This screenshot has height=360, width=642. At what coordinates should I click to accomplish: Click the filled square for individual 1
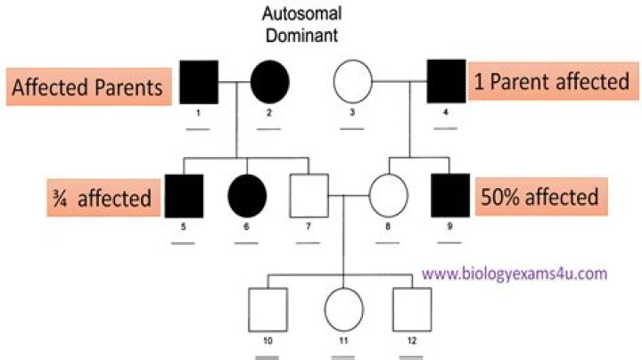pos(199,82)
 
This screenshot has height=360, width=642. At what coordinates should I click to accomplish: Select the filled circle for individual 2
pos(270,82)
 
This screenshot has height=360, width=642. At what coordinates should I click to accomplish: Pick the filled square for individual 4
pos(447,81)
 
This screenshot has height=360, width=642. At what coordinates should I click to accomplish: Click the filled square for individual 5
pos(184,196)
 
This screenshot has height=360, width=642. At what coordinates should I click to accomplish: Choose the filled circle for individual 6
pos(247,196)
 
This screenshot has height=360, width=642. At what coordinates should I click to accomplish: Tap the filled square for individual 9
pos(450,195)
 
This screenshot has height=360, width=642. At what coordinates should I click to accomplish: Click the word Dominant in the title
pos(301,35)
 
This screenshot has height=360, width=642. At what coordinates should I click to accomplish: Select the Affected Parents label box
pos(89,86)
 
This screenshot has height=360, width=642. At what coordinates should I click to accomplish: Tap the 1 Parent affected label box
pos(553,81)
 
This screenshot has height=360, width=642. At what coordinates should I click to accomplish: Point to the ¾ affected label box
pos(103,198)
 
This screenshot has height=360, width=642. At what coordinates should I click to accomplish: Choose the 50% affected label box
pos(541,196)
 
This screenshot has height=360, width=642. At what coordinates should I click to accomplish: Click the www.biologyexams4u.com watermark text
pos(514,274)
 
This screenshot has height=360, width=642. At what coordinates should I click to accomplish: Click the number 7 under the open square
pos(309,226)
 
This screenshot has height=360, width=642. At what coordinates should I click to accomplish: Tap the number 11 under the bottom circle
pos(343,340)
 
